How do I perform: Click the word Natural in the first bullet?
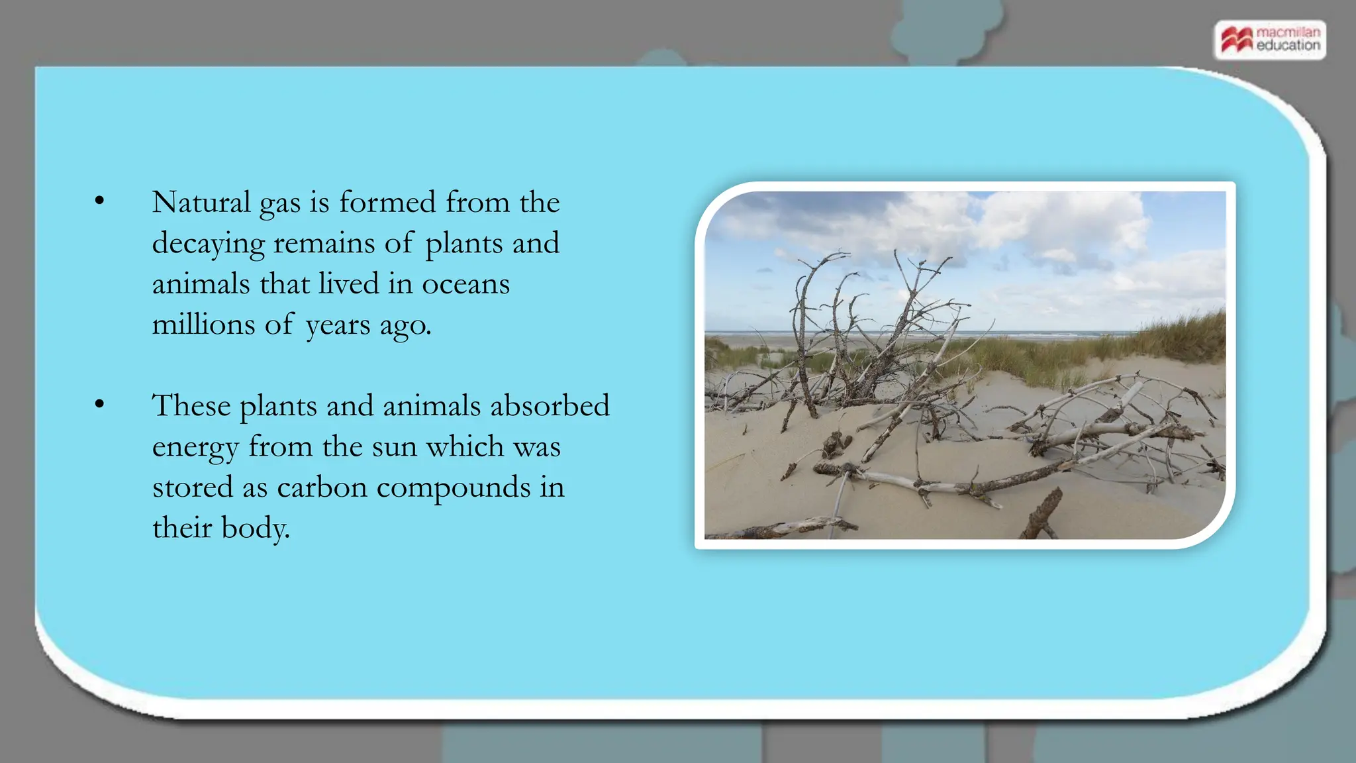click(x=201, y=202)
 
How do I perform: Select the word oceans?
click(x=465, y=284)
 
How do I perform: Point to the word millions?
click(x=203, y=325)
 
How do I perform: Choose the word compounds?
click(x=454, y=487)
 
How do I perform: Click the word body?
click(x=255, y=529)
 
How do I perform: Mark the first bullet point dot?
click(x=99, y=201)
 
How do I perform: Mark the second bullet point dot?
click(x=99, y=404)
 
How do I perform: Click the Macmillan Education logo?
click(x=1270, y=40)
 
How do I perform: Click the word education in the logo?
click(x=1288, y=46)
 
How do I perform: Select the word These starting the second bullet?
click(x=191, y=405)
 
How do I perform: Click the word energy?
click(x=195, y=448)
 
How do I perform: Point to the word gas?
click(x=280, y=203)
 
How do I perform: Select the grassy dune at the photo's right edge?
click(x=1185, y=338)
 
